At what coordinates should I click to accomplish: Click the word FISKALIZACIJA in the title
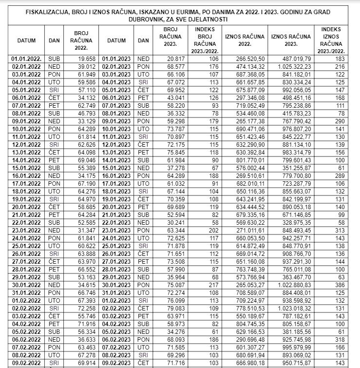click(x=45, y=12)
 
